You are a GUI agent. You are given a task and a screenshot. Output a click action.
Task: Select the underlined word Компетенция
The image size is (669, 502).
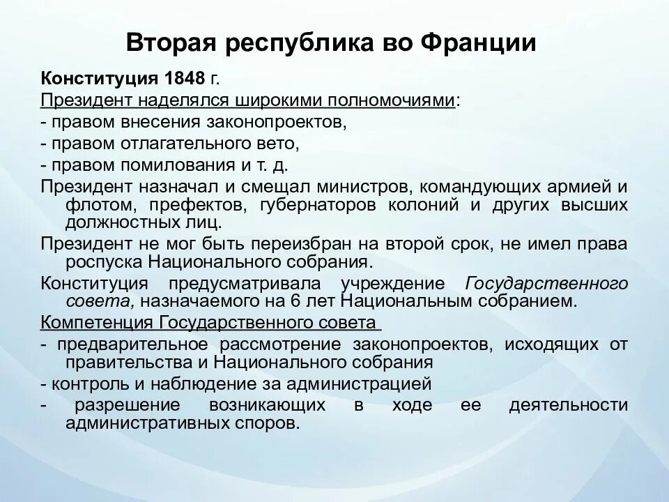point(97,324)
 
